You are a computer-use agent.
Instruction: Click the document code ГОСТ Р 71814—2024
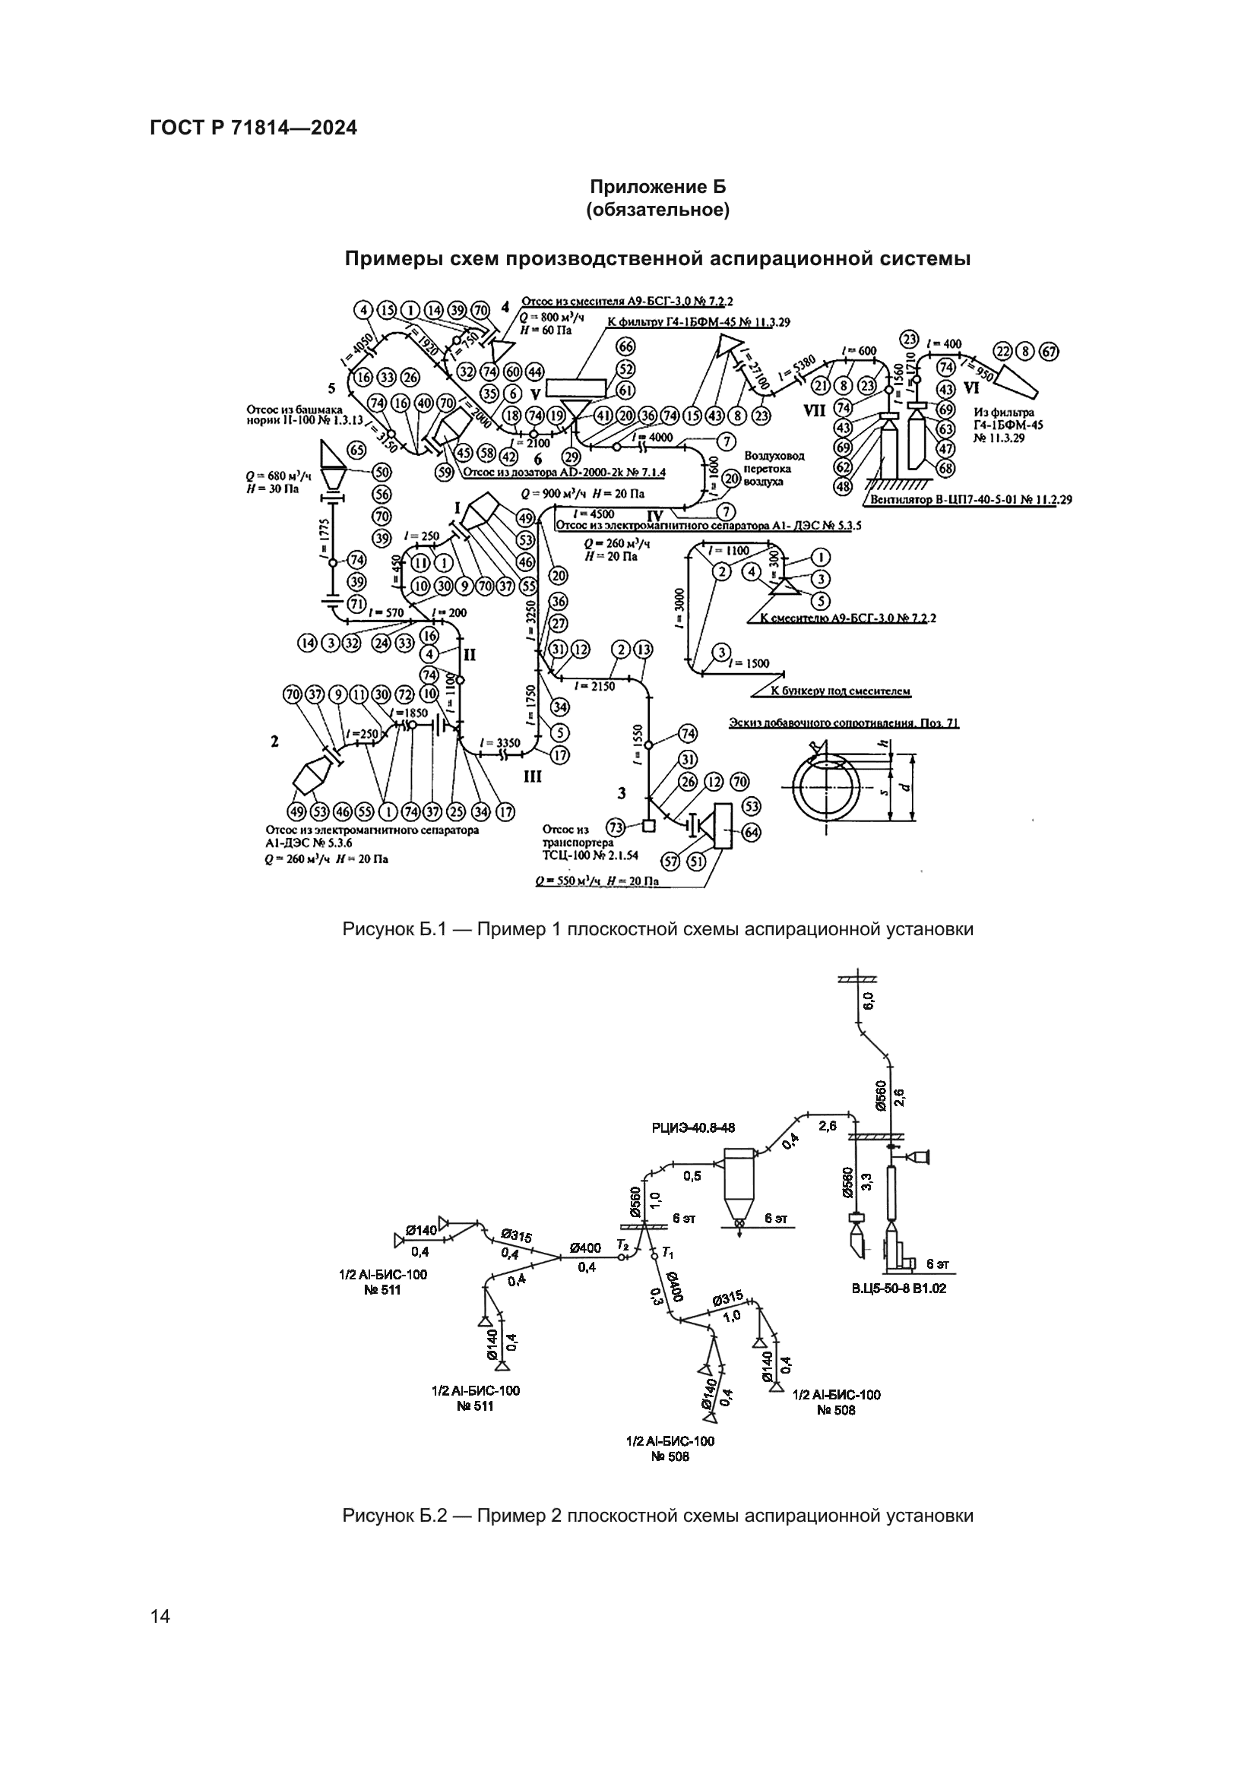coord(253,128)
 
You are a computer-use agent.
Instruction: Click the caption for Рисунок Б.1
coord(657,928)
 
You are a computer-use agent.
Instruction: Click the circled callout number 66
coord(625,345)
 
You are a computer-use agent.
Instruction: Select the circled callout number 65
coord(357,450)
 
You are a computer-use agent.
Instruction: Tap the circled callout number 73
coord(616,827)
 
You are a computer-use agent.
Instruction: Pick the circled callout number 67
coord(1049,352)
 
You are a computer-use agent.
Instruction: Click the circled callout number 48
coord(843,487)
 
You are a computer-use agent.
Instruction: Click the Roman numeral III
coord(533,776)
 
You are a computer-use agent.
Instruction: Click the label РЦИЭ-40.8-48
coord(693,1129)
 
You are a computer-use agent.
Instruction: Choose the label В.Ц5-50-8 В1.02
coord(898,1288)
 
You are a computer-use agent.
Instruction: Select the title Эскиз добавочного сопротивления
coord(844,722)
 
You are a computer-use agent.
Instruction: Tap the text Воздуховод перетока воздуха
coord(773,468)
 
